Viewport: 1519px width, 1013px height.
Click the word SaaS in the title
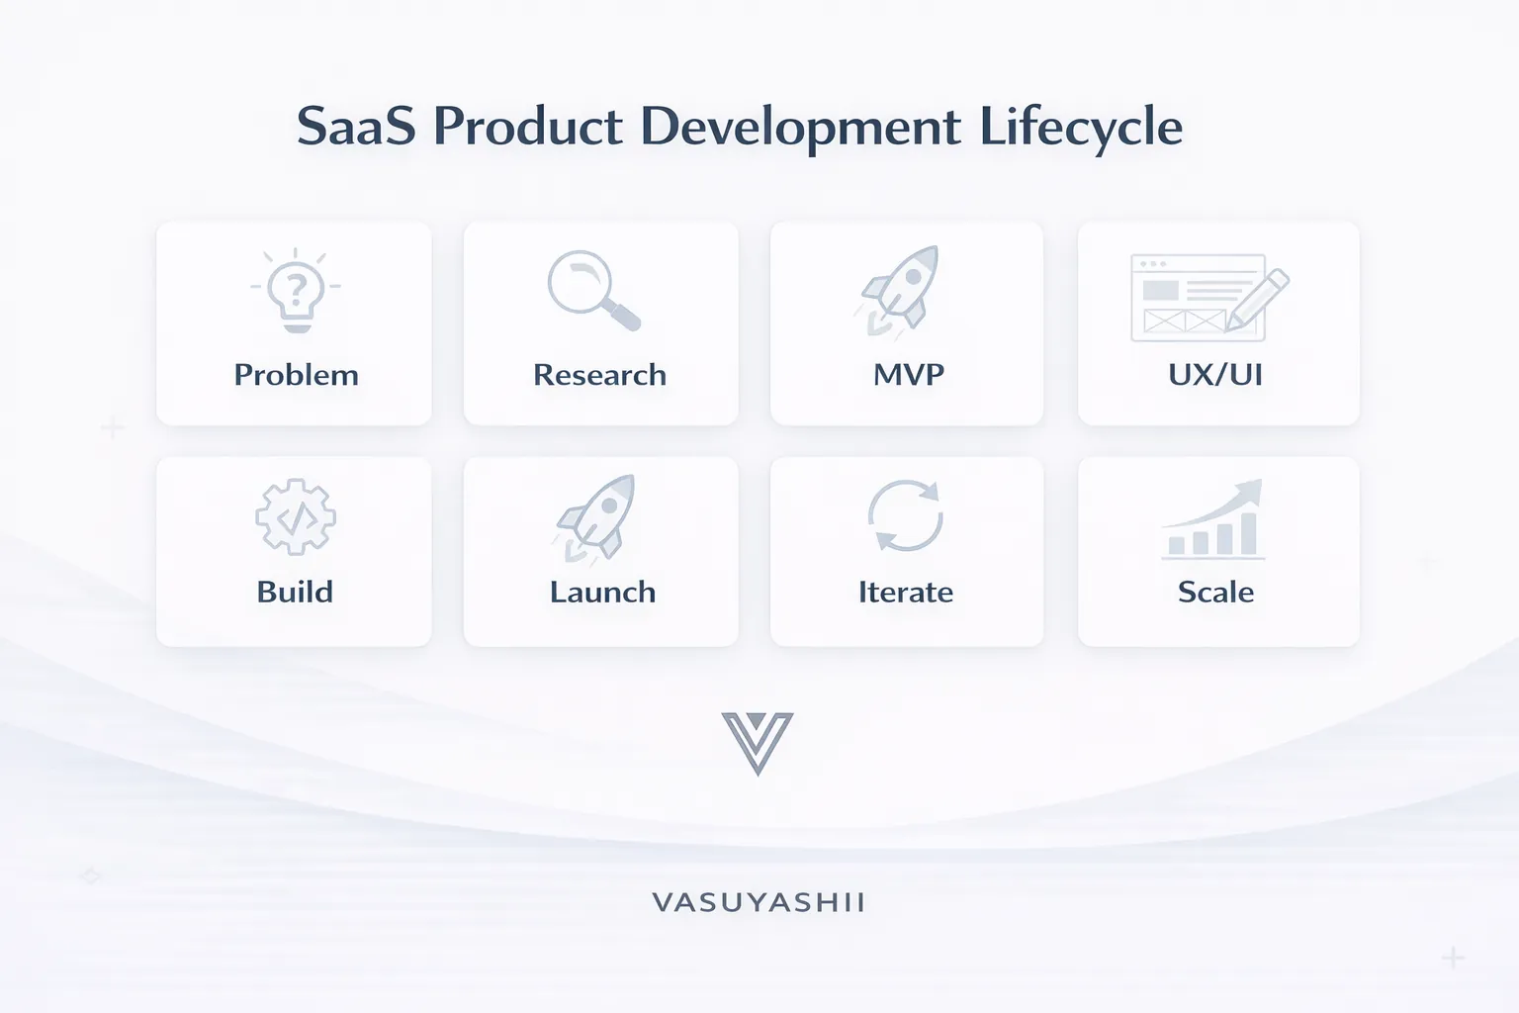(356, 127)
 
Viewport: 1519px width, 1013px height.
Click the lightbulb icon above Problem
(296, 293)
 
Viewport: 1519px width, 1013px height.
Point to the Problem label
(296, 375)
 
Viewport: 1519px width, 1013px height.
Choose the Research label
(599, 375)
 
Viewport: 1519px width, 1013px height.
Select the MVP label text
(908, 375)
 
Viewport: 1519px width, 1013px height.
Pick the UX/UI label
(1215, 375)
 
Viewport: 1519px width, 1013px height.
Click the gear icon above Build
(296, 516)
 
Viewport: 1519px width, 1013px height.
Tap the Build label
(295, 592)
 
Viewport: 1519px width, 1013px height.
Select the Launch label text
(602, 592)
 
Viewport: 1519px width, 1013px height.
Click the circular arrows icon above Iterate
(905, 515)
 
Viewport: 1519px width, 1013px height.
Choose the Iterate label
(905, 592)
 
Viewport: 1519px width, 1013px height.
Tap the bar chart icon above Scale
(1213, 519)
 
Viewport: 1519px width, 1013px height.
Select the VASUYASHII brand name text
(759, 902)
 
